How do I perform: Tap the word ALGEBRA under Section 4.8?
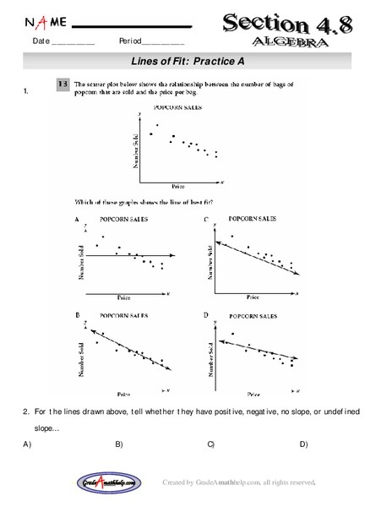pos(288,41)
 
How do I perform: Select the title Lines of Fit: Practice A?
pos(194,62)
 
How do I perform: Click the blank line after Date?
pos(73,42)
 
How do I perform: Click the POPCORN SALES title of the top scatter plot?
pos(177,108)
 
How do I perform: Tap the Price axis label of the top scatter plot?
pos(177,186)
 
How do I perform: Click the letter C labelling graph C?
pos(206,220)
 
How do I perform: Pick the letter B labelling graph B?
pos(78,314)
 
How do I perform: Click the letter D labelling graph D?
pos(206,314)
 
